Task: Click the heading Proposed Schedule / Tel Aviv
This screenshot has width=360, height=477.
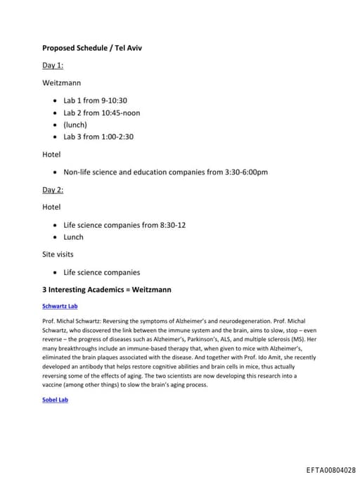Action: [93, 48]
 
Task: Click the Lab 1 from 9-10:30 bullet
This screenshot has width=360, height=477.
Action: [95, 101]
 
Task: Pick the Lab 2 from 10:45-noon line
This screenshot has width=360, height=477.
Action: [101, 113]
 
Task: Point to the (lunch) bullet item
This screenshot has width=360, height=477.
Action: [75, 125]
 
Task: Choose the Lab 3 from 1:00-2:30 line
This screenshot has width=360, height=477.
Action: [98, 136]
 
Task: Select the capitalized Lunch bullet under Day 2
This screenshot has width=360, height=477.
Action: [73, 237]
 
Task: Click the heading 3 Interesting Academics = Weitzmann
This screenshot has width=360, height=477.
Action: [107, 289]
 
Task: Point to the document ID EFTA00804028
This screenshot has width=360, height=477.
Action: [330, 470]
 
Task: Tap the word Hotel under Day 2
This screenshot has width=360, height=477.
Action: [51, 208]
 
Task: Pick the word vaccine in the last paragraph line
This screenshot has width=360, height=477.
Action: [54, 385]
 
